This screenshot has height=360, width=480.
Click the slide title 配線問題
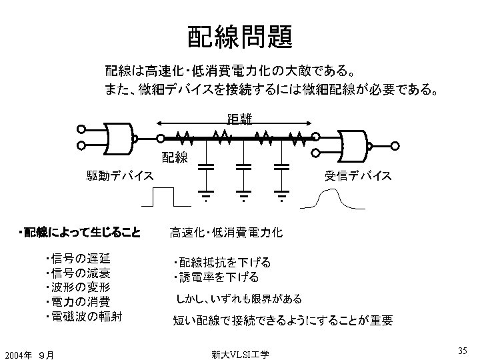pos(239,37)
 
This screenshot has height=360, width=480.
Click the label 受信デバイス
pos(359,176)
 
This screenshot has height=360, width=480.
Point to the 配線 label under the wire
pos(175,158)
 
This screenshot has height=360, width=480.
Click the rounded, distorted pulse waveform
pos(333,199)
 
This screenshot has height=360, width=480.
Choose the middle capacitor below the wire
pos(244,167)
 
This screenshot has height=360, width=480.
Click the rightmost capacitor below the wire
pos(283,167)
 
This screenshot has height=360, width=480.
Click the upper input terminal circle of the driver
pos(81,130)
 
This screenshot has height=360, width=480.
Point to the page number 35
pos(462,351)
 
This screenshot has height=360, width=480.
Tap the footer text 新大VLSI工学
pos(239,354)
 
